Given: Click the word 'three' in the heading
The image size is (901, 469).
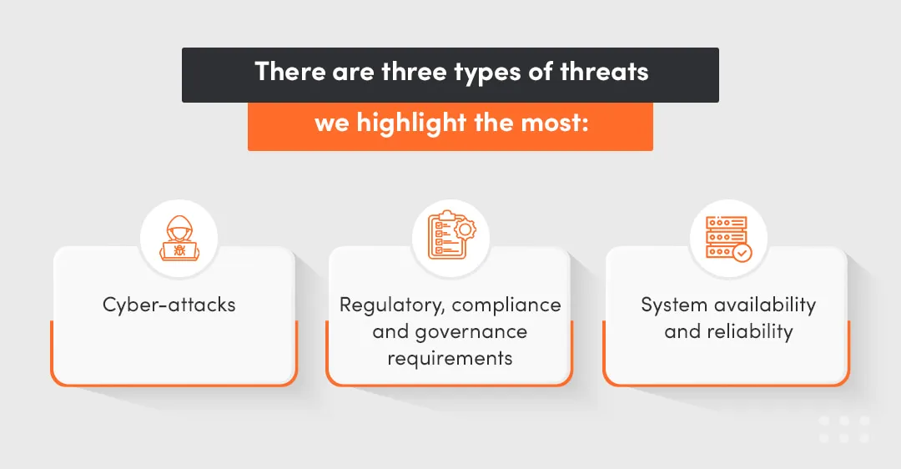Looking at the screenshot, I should point(410,72).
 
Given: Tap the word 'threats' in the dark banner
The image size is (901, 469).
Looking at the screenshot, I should point(604,72).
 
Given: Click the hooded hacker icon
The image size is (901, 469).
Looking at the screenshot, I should point(178,238).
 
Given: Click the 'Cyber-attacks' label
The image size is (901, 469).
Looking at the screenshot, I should point(169,305).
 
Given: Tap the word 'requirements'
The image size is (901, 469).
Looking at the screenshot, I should point(450,358).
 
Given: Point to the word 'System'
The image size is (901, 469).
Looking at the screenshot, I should point(673,305).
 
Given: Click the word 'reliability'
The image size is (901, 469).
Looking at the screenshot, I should point(749,331).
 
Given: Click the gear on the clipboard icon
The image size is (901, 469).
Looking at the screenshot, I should point(464,227).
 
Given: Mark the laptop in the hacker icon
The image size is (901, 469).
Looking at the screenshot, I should point(178,249).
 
